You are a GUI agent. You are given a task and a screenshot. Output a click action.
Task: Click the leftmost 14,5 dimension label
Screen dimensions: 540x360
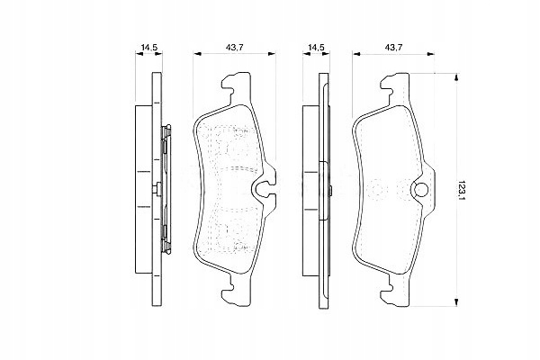149,48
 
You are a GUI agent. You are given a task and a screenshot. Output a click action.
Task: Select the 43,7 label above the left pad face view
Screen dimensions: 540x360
235,48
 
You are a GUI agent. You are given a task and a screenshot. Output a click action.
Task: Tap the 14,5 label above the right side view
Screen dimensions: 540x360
316,48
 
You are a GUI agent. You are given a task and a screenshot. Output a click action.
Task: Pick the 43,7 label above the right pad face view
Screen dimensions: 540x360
394,48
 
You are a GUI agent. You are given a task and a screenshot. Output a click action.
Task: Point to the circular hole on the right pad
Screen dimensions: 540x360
420,190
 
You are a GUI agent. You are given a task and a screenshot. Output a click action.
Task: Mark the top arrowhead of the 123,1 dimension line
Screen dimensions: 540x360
456,77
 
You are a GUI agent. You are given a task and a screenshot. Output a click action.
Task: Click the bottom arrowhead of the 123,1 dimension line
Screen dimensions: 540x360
456,301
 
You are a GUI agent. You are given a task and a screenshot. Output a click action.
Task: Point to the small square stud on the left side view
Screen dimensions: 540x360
157,190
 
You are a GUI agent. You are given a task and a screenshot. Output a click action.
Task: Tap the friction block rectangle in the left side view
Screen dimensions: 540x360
144,189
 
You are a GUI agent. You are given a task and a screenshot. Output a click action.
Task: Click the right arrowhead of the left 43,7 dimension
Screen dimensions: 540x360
272,53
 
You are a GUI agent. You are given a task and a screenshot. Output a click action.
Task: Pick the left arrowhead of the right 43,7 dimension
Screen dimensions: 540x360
356,53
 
